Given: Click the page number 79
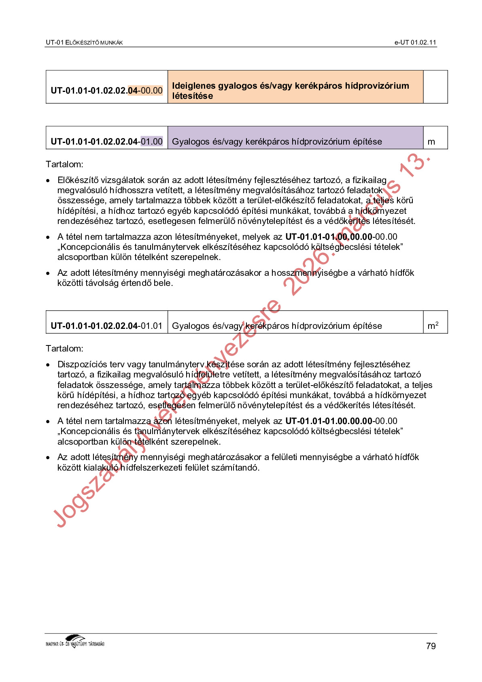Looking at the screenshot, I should point(431,646).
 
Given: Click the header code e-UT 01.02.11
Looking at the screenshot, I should point(415,43).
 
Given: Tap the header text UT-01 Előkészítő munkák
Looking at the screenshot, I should point(84,43).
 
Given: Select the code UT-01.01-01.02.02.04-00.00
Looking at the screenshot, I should point(106,90).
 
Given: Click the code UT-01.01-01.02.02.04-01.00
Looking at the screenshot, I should point(106,142).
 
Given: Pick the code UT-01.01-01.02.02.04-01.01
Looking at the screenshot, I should point(106,326).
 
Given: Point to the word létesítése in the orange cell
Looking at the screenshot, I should point(192,96).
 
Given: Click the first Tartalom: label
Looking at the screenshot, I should point(64,164).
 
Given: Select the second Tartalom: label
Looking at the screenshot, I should point(64,349).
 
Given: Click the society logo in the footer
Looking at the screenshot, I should point(75,642).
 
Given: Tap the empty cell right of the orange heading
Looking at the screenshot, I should point(435,87).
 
